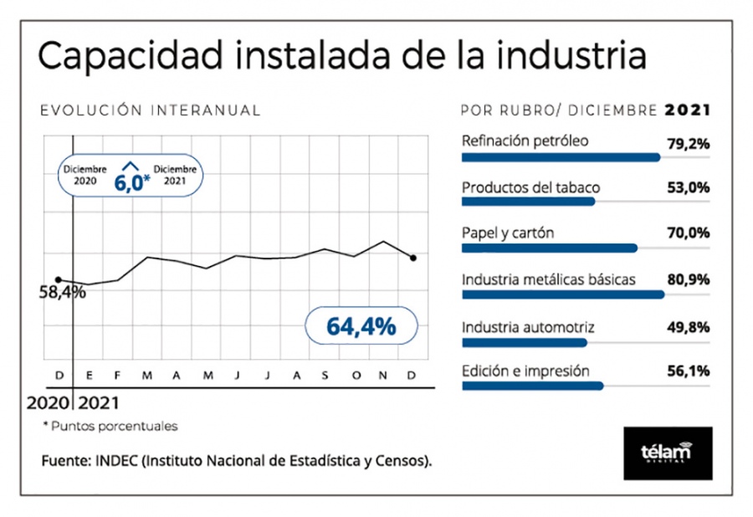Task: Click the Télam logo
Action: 668,453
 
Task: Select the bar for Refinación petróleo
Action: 561,157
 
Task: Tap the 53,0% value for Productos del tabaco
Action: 689,187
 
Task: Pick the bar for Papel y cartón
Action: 550,248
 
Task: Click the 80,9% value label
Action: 689,279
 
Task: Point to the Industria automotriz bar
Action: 525,343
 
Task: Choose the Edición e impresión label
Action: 525,371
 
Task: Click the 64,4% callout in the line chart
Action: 361,326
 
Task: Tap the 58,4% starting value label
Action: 63,292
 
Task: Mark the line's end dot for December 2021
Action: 413,258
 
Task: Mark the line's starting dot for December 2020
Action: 59,280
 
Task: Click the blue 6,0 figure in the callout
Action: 129,183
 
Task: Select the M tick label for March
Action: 147,376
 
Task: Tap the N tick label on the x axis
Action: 382,376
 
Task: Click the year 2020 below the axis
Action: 48,402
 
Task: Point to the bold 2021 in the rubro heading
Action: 687,110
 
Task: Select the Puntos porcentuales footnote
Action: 115,427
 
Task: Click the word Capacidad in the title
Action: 131,56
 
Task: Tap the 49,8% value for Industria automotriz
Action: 689,327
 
